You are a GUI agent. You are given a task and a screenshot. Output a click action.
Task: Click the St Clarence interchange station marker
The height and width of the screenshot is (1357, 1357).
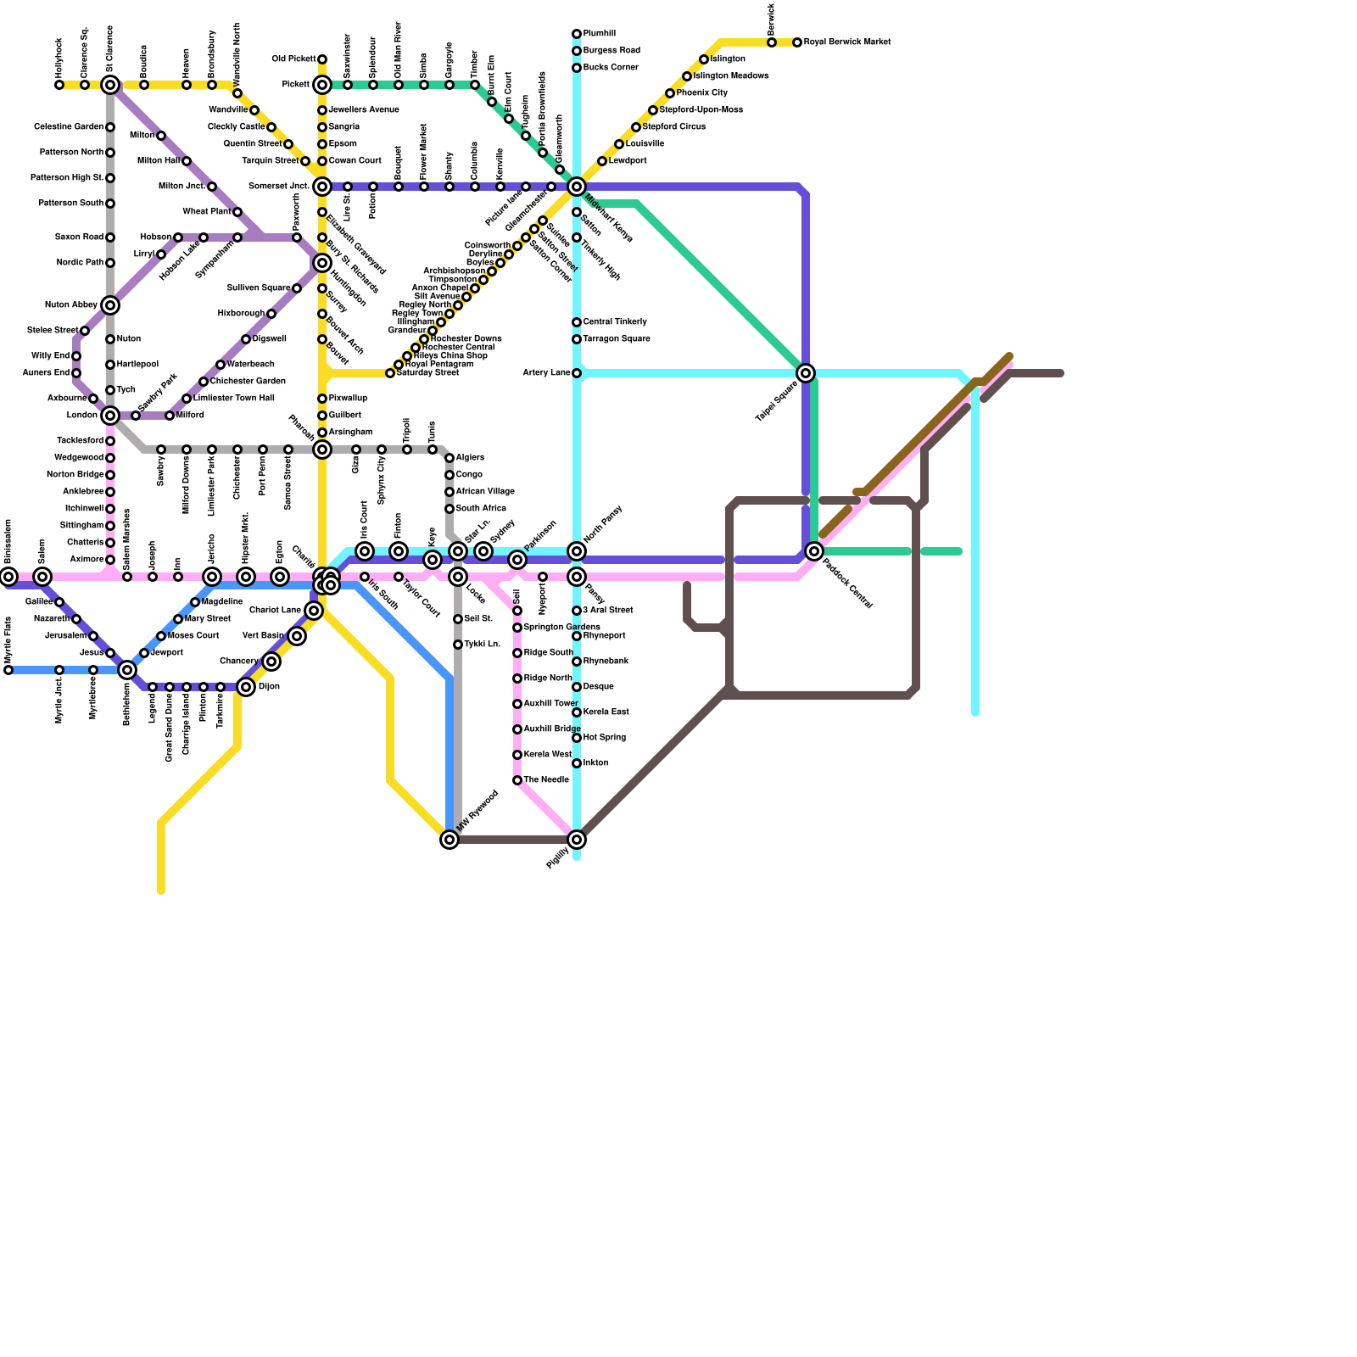pos(110,85)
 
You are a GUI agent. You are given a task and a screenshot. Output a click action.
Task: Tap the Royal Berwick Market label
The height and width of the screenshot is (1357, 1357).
pos(846,42)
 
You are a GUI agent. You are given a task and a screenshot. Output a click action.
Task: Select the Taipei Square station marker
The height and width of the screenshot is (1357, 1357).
pos(806,373)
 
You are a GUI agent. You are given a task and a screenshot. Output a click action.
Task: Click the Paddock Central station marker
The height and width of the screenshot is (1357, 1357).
pos(814,551)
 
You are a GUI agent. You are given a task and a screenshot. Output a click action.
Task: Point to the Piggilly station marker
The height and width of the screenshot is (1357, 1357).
pos(577,840)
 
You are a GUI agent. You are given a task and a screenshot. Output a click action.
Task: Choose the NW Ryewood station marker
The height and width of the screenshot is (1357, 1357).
pos(450,840)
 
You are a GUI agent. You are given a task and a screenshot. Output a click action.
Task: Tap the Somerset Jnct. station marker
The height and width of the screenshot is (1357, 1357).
pos(322,187)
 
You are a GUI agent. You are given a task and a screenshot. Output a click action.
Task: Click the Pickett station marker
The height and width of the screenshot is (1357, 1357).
pos(322,85)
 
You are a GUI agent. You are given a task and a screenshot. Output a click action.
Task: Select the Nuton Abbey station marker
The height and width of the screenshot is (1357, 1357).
pos(110,305)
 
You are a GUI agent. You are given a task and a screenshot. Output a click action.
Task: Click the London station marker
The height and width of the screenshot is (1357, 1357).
pos(110,416)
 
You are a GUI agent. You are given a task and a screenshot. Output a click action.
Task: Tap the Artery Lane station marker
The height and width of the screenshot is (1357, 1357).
pos(577,373)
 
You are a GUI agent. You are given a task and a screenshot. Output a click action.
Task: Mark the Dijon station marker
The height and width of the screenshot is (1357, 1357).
pos(246,687)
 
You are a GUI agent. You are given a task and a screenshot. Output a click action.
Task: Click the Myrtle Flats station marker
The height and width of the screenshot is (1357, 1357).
pos(8,670)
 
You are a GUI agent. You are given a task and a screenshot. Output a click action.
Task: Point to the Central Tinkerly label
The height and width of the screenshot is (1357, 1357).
pos(615,322)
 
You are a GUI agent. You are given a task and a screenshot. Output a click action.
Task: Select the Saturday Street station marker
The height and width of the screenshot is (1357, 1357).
pos(390,373)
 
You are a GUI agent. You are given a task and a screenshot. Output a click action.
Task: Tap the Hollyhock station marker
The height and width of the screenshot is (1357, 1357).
pos(59,85)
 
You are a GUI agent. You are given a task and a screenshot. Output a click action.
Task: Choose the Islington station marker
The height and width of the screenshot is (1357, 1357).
pos(704,59)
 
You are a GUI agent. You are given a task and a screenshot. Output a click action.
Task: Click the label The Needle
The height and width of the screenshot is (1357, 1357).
pos(546,780)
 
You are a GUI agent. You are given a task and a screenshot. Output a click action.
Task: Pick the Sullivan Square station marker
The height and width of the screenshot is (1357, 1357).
pos(297,288)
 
